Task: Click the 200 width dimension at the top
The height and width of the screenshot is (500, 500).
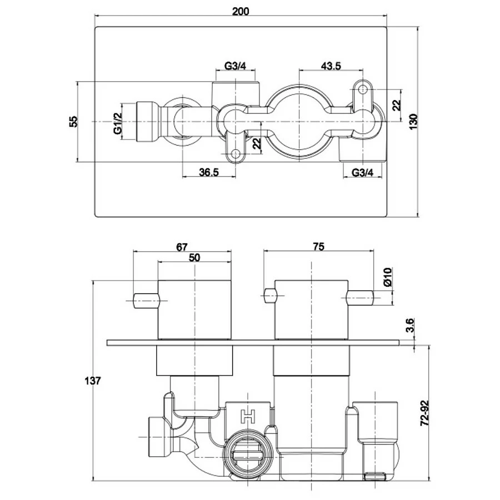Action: click(241, 12)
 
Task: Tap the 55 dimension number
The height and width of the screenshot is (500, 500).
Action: click(73, 122)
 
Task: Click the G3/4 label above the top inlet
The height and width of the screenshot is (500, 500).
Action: click(235, 66)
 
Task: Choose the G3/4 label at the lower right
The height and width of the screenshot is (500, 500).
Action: click(362, 172)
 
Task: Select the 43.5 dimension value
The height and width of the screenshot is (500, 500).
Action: click(331, 66)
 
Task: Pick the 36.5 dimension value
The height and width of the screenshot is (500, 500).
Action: click(208, 172)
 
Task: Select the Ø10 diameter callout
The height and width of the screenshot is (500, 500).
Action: click(388, 277)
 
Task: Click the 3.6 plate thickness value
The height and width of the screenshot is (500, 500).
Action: click(411, 324)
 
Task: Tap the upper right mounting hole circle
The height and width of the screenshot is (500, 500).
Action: click(363, 89)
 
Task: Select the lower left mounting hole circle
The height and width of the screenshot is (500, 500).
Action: click(236, 154)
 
